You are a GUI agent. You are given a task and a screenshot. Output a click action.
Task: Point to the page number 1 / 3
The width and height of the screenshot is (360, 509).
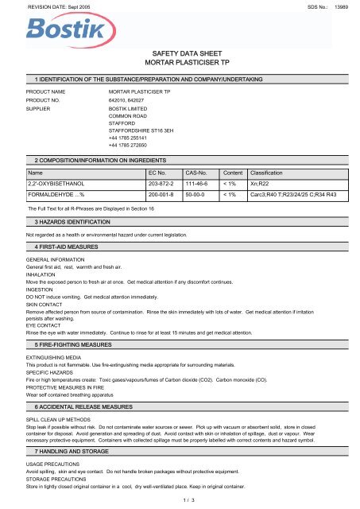point(180,501)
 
